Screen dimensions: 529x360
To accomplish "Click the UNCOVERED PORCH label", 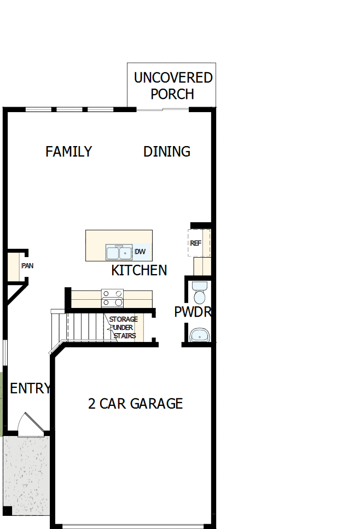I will (173, 85).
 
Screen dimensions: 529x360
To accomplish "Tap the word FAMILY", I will (68, 152).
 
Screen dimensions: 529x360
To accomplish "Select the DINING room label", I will (167, 152).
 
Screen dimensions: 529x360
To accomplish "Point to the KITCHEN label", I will (139, 270).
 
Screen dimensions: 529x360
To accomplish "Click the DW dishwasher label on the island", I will (140, 252).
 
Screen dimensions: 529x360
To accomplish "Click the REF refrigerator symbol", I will (196, 243).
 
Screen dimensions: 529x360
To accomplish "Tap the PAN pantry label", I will (27, 266).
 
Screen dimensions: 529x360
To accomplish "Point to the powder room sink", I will (199, 334).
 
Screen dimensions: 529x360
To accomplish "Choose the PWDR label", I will (192, 312).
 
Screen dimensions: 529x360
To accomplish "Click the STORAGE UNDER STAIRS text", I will (124, 327).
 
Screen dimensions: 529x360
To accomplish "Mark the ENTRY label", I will (30, 389).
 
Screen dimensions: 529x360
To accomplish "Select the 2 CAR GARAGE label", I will (135, 404).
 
